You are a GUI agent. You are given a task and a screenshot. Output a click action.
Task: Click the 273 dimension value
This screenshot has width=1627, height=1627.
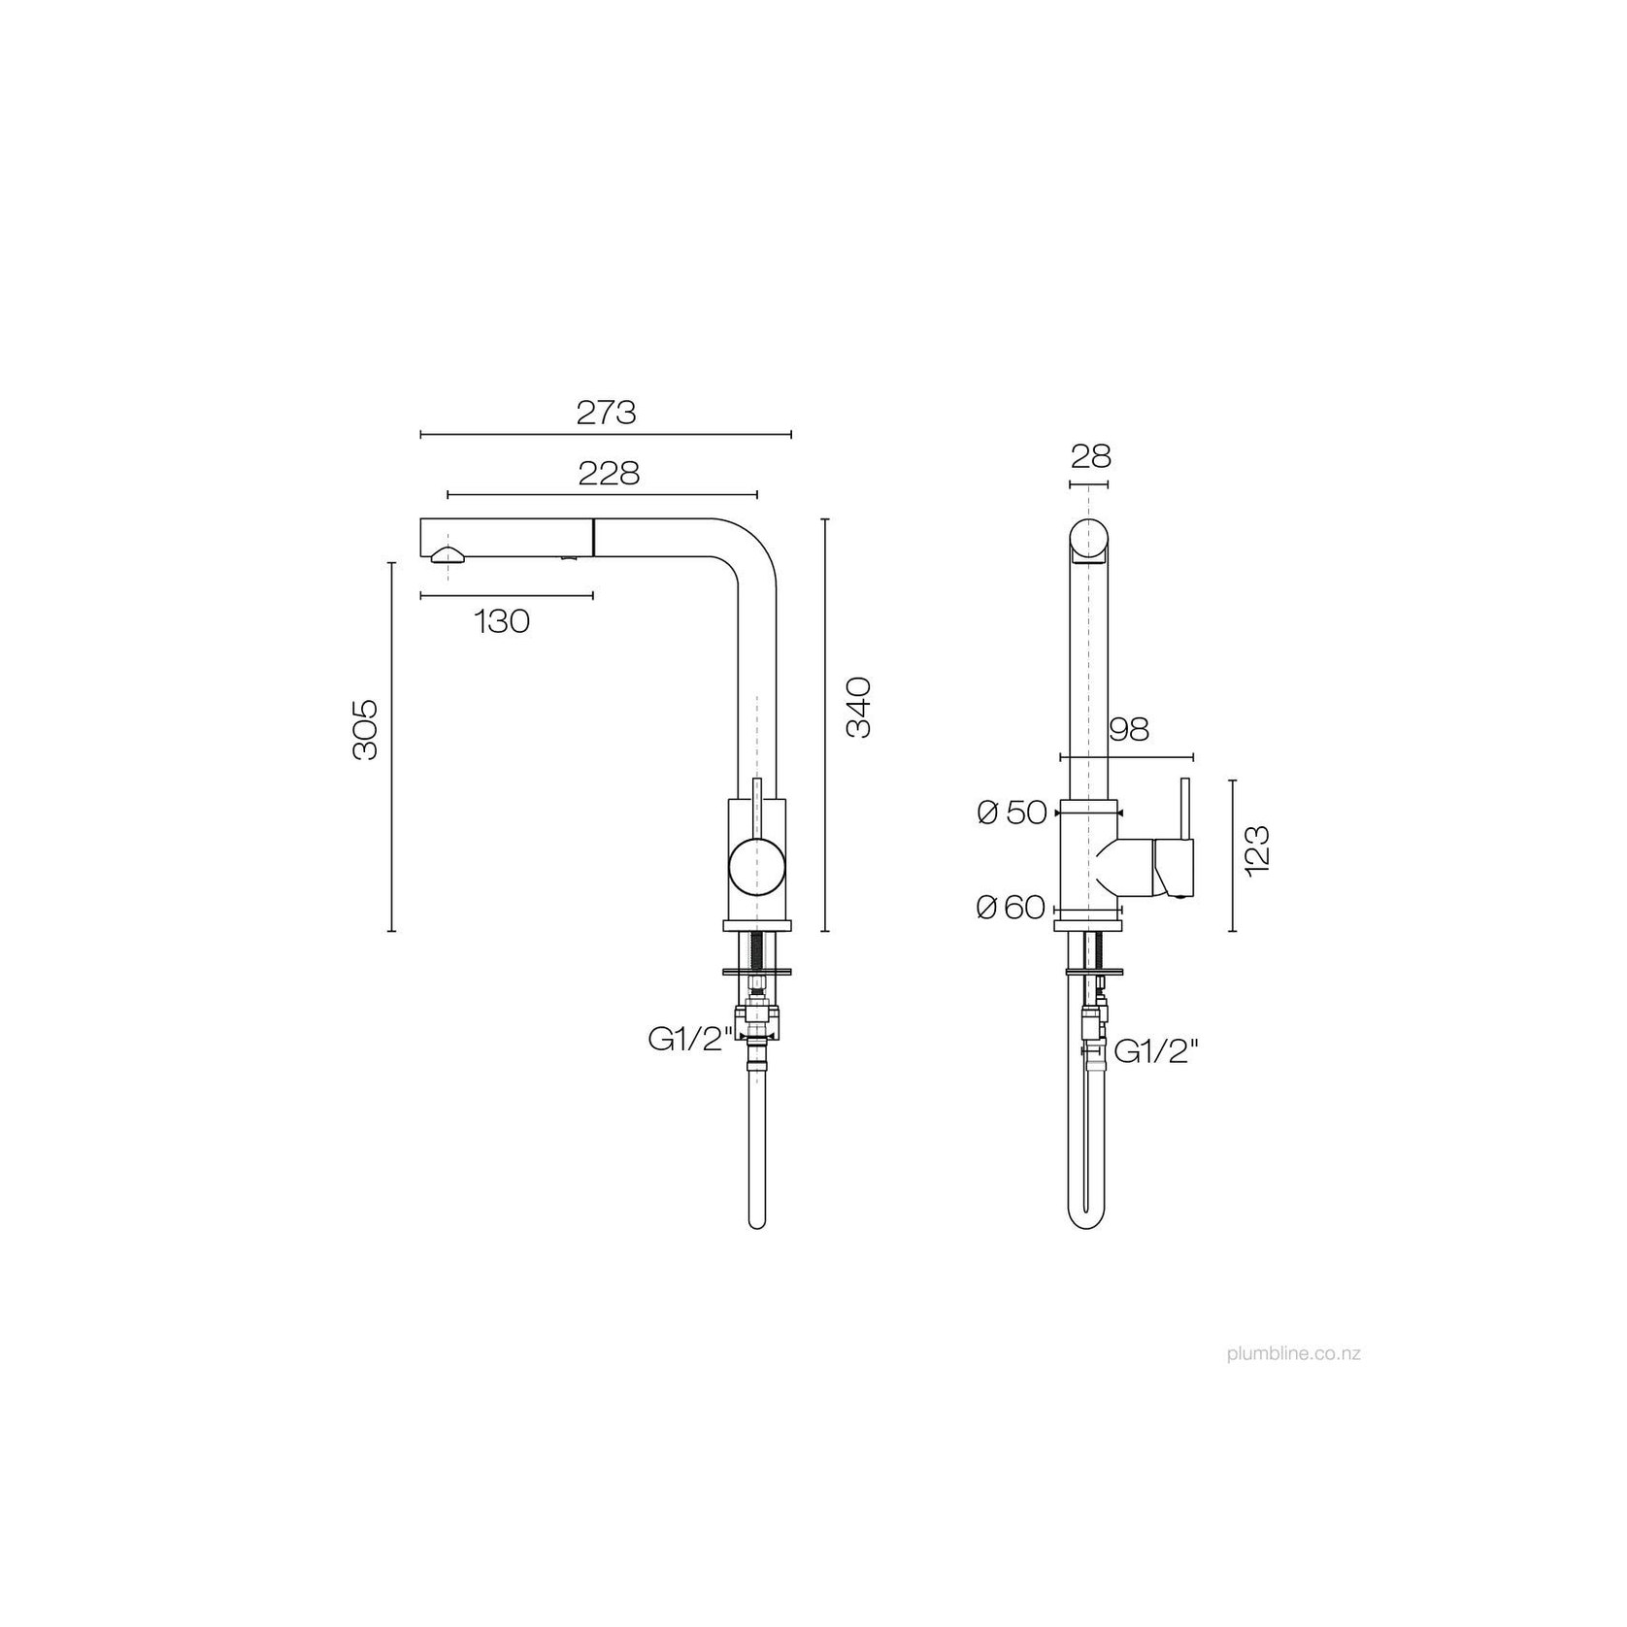(x=606, y=413)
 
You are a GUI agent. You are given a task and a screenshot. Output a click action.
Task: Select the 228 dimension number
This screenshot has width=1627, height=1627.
(x=609, y=474)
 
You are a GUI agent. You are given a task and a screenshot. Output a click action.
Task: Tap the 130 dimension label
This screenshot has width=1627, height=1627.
(x=503, y=621)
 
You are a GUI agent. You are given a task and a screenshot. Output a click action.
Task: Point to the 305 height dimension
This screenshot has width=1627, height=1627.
(x=365, y=729)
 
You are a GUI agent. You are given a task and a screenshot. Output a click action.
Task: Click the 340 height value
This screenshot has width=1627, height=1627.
(x=859, y=708)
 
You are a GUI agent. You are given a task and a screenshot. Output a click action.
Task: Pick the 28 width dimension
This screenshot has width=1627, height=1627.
(x=1091, y=456)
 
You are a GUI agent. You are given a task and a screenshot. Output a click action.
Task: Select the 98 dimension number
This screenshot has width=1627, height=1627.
(x=1128, y=729)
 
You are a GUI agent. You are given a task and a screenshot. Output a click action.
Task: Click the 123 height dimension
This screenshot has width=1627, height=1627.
(x=1257, y=851)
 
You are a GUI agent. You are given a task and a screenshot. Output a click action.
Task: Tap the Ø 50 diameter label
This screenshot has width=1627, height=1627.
(x=1013, y=813)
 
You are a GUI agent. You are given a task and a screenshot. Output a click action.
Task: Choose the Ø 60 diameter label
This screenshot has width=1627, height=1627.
(x=1012, y=908)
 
